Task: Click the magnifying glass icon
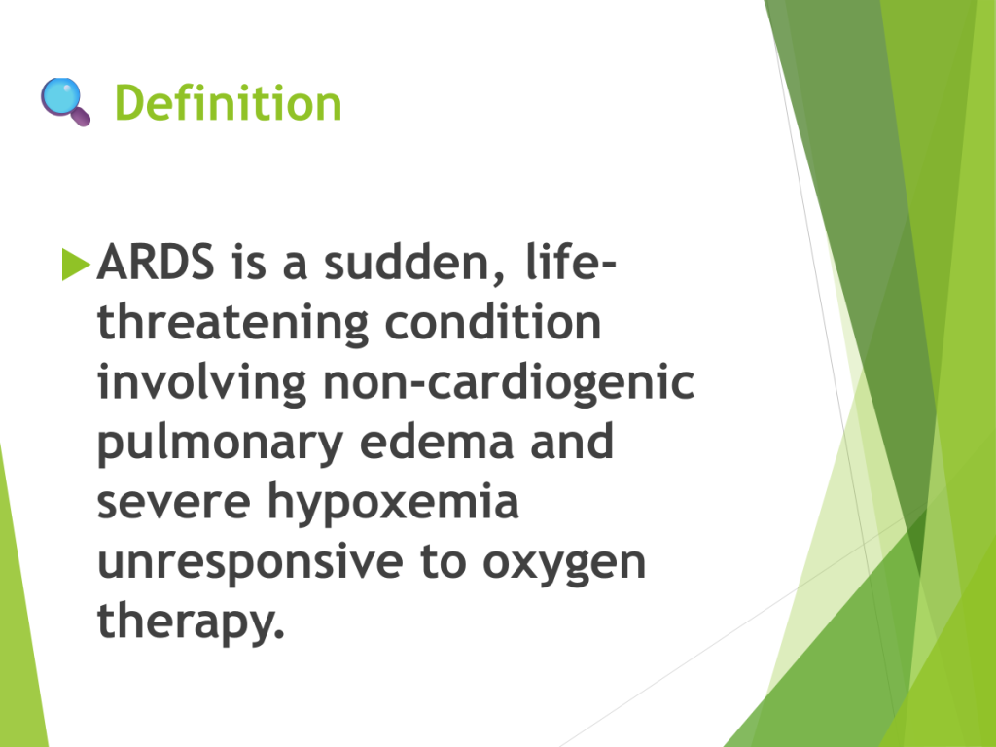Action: point(65,101)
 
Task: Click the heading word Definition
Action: point(228,103)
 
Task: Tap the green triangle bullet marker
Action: point(76,265)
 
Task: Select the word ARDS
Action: point(156,262)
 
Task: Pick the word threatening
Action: point(232,323)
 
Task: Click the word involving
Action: point(202,383)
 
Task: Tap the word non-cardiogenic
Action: point(509,383)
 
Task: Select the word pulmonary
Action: point(221,444)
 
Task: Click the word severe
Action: point(174,502)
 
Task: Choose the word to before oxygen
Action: point(443,561)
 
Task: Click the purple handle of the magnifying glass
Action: point(80,117)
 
